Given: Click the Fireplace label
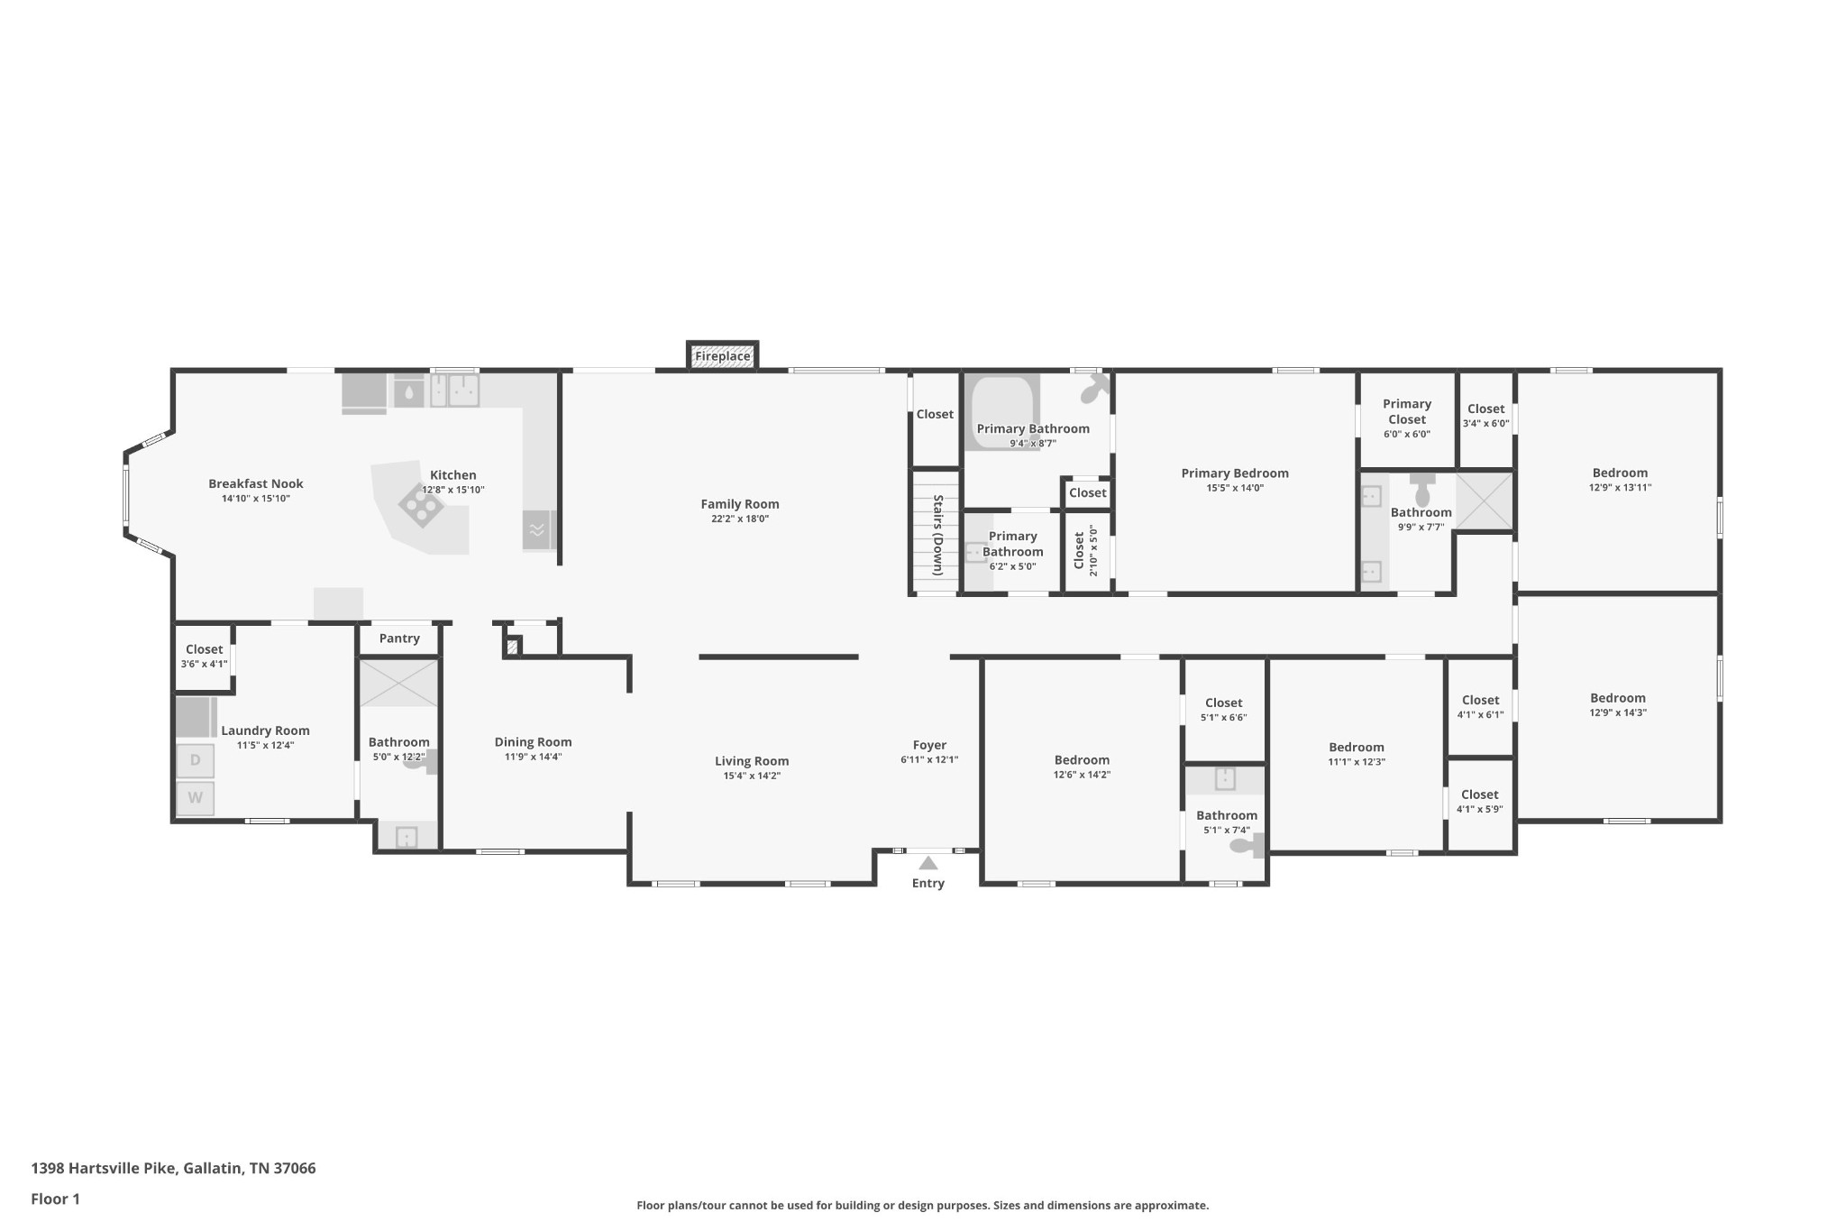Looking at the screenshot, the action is tap(722, 356).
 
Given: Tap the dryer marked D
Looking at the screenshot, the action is tap(195, 760).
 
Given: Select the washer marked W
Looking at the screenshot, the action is tap(195, 798).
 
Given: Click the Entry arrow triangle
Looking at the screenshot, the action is tap(928, 863).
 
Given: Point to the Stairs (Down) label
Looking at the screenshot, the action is tap(937, 535).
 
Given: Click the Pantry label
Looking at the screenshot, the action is tap(399, 638).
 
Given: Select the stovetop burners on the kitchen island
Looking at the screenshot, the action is tap(421, 505).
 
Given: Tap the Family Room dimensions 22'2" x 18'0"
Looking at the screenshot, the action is tap(740, 519).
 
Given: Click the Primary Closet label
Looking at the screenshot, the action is tap(1407, 411).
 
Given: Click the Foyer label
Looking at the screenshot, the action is tap(929, 745).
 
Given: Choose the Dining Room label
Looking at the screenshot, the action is tap(533, 742).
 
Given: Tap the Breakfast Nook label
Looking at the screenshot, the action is tap(256, 483).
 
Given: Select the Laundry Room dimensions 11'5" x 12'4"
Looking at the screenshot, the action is tap(265, 745).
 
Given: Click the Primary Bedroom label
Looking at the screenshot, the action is tap(1235, 473).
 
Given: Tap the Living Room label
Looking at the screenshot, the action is tap(752, 761).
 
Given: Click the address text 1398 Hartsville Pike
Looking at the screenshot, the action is tap(105, 1168).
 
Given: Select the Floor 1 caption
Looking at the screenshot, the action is tap(55, 1199).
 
